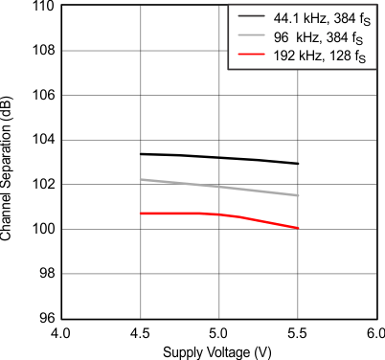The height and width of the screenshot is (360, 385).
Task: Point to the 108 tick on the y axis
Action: tap(41, 52)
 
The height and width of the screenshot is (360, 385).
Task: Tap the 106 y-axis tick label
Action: tap(41, 96)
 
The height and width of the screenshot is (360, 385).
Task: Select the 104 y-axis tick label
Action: tap(41, 141)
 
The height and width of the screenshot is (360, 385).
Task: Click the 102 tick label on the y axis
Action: tap(41, 185)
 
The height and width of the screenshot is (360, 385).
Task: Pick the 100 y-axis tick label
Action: tap(41, 230)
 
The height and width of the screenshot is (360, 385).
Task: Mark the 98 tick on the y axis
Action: tap(45, 274)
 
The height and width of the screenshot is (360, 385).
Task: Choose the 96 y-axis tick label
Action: tap(45, 318)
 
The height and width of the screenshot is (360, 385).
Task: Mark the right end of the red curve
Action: tap(299, 228)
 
